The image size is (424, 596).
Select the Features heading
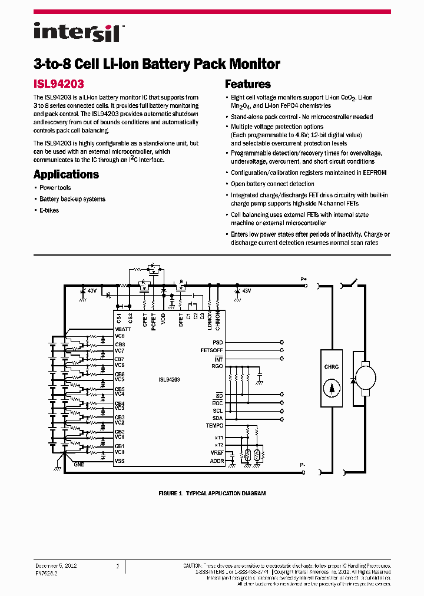(248, 84)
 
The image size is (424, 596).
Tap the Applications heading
(66, 174)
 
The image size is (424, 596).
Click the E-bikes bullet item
(49, 210)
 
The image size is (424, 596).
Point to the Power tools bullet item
(55, 188)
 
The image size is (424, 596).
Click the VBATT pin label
(123, 329)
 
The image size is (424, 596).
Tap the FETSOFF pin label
(212, 350)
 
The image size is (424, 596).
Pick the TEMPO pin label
(214, 425)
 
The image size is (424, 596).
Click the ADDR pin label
(217, 461)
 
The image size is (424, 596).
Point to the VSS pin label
(120, 461)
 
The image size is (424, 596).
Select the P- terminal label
(303, 465)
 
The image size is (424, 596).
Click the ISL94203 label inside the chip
(169, 380)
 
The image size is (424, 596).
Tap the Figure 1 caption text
(212, 493)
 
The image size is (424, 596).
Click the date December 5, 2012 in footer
(55, 565)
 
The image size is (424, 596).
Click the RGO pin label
(217, 366)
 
